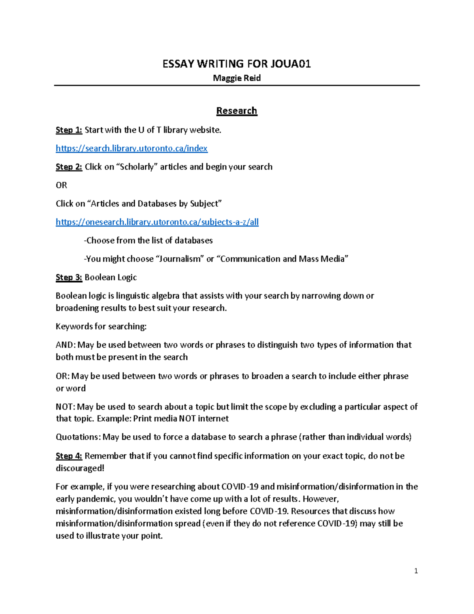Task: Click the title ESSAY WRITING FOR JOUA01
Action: click(237, 64)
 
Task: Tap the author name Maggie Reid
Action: click(237, 78)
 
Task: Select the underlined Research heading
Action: click(237, 111)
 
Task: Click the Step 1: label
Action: click(69, 130)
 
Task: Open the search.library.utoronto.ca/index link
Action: click(132, 148)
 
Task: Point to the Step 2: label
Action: click(69, 167)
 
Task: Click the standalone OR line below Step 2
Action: click(61, 185)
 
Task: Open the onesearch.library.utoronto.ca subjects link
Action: click(157, 222)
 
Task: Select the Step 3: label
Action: click(69, 278)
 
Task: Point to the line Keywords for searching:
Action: click(101, 326)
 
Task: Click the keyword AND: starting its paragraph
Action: click(65, 345)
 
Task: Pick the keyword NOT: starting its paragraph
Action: click(65, 406)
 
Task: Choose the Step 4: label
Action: click(69, 456)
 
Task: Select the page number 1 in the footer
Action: click(416, 571)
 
